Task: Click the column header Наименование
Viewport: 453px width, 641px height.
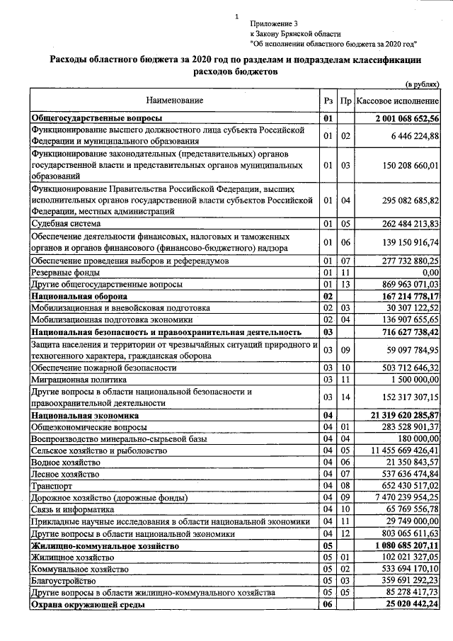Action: click(x=174, y=101)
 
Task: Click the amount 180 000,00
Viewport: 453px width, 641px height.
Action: click(x=417, y=438)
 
